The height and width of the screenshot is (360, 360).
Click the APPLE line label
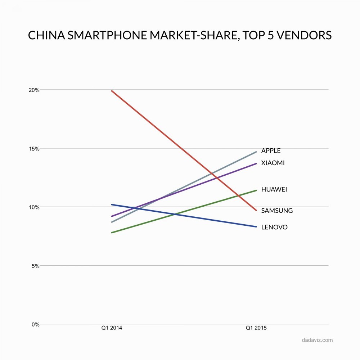coord(271,151)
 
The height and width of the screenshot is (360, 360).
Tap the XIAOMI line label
coord(273,163)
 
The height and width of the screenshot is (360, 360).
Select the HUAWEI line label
coord(274,189)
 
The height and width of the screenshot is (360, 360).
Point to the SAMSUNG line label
coord(277,211)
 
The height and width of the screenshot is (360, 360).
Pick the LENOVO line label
coord(274,228)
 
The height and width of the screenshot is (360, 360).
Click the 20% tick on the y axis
coord(35,90)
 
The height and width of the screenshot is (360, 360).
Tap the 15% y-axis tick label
coord(35,148)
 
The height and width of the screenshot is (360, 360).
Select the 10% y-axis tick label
coord(35,207)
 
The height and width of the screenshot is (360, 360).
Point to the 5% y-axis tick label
coord(36,266)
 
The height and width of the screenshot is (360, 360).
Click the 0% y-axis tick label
coord(36,324)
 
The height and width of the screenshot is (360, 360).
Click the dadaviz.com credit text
coord(318,340)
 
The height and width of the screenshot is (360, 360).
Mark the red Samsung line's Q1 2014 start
coord(112,91)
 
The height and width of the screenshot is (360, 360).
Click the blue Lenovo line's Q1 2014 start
coord(112,204)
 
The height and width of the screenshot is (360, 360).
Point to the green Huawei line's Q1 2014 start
coord(112,233)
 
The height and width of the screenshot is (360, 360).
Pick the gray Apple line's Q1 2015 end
coord(256,152)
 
